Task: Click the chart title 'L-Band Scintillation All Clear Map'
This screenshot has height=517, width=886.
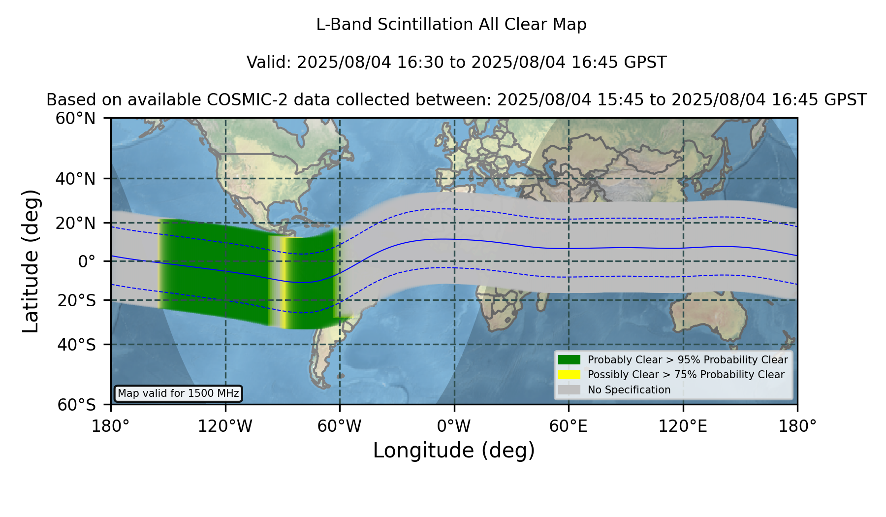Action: pyautogui.click(x=451, y=25)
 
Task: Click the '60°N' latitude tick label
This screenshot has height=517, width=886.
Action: pyautogui.click(x=76, y=119)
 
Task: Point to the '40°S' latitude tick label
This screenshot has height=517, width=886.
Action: pyautogui.click(x=76, y=345)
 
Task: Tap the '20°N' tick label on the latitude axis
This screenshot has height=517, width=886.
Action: pyautogui.click(x=76, y=223)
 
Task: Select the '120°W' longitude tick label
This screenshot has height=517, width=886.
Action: pyautogui.click(x=225, y=426)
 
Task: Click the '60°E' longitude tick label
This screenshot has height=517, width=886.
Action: pyautogui.click(x=569, y=426)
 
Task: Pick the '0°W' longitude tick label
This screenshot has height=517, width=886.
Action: pyautogui.click(x=454, y=426)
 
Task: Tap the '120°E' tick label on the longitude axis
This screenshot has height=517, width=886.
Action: pyautogui.click(x=683, y=426)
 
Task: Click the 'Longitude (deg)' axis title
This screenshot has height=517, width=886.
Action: pyautogui.click(x=454, y=451)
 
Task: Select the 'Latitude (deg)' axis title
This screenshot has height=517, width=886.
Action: pyautogui.click(x=31, y=261)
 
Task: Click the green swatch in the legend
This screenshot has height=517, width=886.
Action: pyautogui.click(x=569, y=360)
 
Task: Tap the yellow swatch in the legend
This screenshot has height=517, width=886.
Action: pyautogui.click(x=569, y=375)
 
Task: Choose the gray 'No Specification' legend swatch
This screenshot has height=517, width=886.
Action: pyautogui.click(x=569, y=390)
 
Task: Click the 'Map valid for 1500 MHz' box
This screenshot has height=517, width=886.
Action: pyautogui.click(x=178, y=393)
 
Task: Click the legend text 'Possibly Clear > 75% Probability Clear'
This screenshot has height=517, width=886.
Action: pyautogui.click(x=686, y=375)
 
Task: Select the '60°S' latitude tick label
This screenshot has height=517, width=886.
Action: pyautogui.click(x=76, y=405)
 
